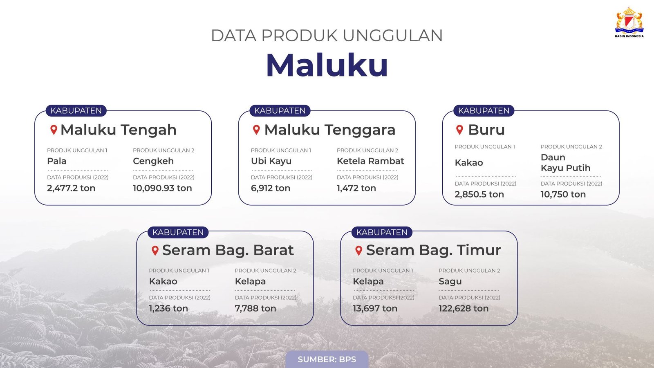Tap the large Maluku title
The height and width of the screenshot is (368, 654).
327,65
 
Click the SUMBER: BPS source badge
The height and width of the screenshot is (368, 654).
327,359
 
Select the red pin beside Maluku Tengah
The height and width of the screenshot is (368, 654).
54,130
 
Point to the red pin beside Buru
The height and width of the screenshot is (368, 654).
459,130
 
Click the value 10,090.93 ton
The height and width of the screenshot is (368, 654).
162,188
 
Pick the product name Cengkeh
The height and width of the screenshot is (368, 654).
153,161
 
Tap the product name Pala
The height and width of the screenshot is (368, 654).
57,161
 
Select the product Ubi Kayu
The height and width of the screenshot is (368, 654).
271,161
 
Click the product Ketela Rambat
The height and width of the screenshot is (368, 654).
370,161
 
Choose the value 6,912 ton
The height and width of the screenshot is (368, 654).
271,188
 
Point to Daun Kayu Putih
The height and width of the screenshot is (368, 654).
566,163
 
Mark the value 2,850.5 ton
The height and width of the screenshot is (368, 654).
479,195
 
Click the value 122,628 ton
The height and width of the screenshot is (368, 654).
464,308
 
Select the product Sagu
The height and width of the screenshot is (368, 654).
450,281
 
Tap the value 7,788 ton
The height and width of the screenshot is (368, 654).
255,308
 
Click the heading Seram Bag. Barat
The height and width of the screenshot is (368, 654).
228,250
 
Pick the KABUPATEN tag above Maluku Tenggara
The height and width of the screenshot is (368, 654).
280,111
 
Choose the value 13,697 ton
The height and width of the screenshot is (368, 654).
375,308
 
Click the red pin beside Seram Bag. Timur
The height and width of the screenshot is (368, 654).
359,250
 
